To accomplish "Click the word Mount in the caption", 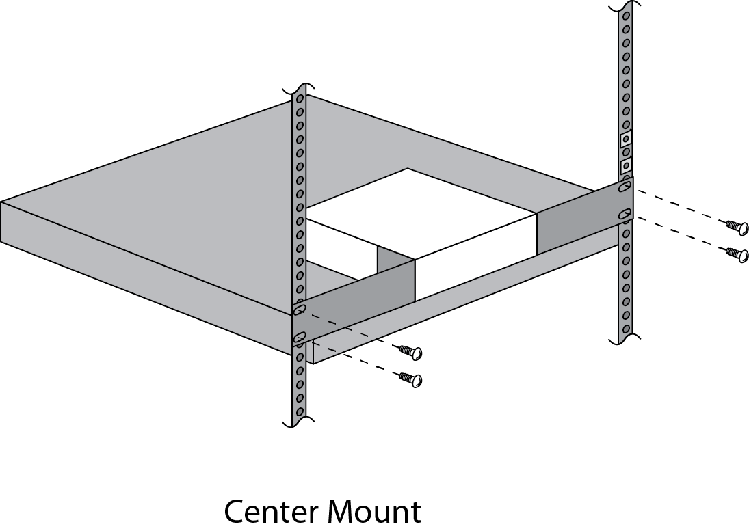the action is coord(374,511).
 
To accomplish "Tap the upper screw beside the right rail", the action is coord(736,226).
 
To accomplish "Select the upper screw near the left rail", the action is coord(410,352).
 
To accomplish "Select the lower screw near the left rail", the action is coord(410,379).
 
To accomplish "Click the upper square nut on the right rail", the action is coord(626,139).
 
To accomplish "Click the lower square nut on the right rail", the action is coord(626,166).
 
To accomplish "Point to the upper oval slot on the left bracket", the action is coord(300,310).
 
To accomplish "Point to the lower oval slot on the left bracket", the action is coord(300,338).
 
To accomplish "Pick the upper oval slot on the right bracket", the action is coord(625,188).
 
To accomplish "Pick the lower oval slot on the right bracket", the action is coord(625,215).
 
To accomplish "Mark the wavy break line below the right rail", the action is coord(625,338).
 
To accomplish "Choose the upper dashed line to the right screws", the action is coord(679,206).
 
